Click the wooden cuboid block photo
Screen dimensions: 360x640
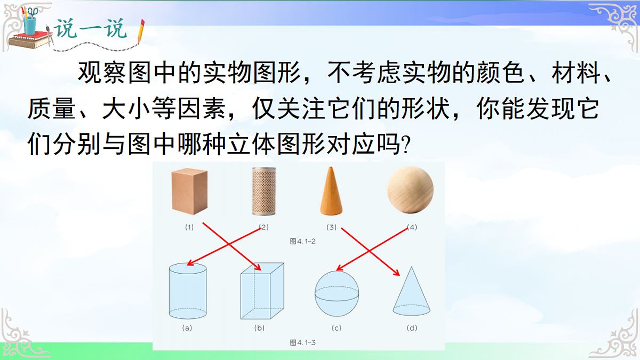pyautogui.click(x=189, y=191)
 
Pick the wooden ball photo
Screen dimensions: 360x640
pyautogui.click(x=410, y=190)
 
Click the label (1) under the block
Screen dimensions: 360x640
pyautogui.click(x=189, y=227)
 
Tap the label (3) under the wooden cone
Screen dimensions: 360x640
pyautogui.click(x=332, y=227)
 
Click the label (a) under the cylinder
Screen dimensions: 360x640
pyautogui.click(x=187, y=328)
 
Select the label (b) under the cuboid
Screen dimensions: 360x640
pyautogui.click(x=260, y=328)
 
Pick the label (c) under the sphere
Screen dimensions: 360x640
pyautogui.click(x=337, y=328)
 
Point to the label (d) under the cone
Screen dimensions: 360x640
pyautogui.click(x=412, y=328)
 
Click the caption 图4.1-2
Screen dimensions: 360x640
pyautogui.click(x=302, y=241)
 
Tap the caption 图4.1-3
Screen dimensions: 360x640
pyautogui.click(x=302, y=342)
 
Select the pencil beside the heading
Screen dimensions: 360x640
pyautogui.click(x=141, y=32)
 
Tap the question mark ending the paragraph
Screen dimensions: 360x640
pyautogui.click(x=406, y=145)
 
